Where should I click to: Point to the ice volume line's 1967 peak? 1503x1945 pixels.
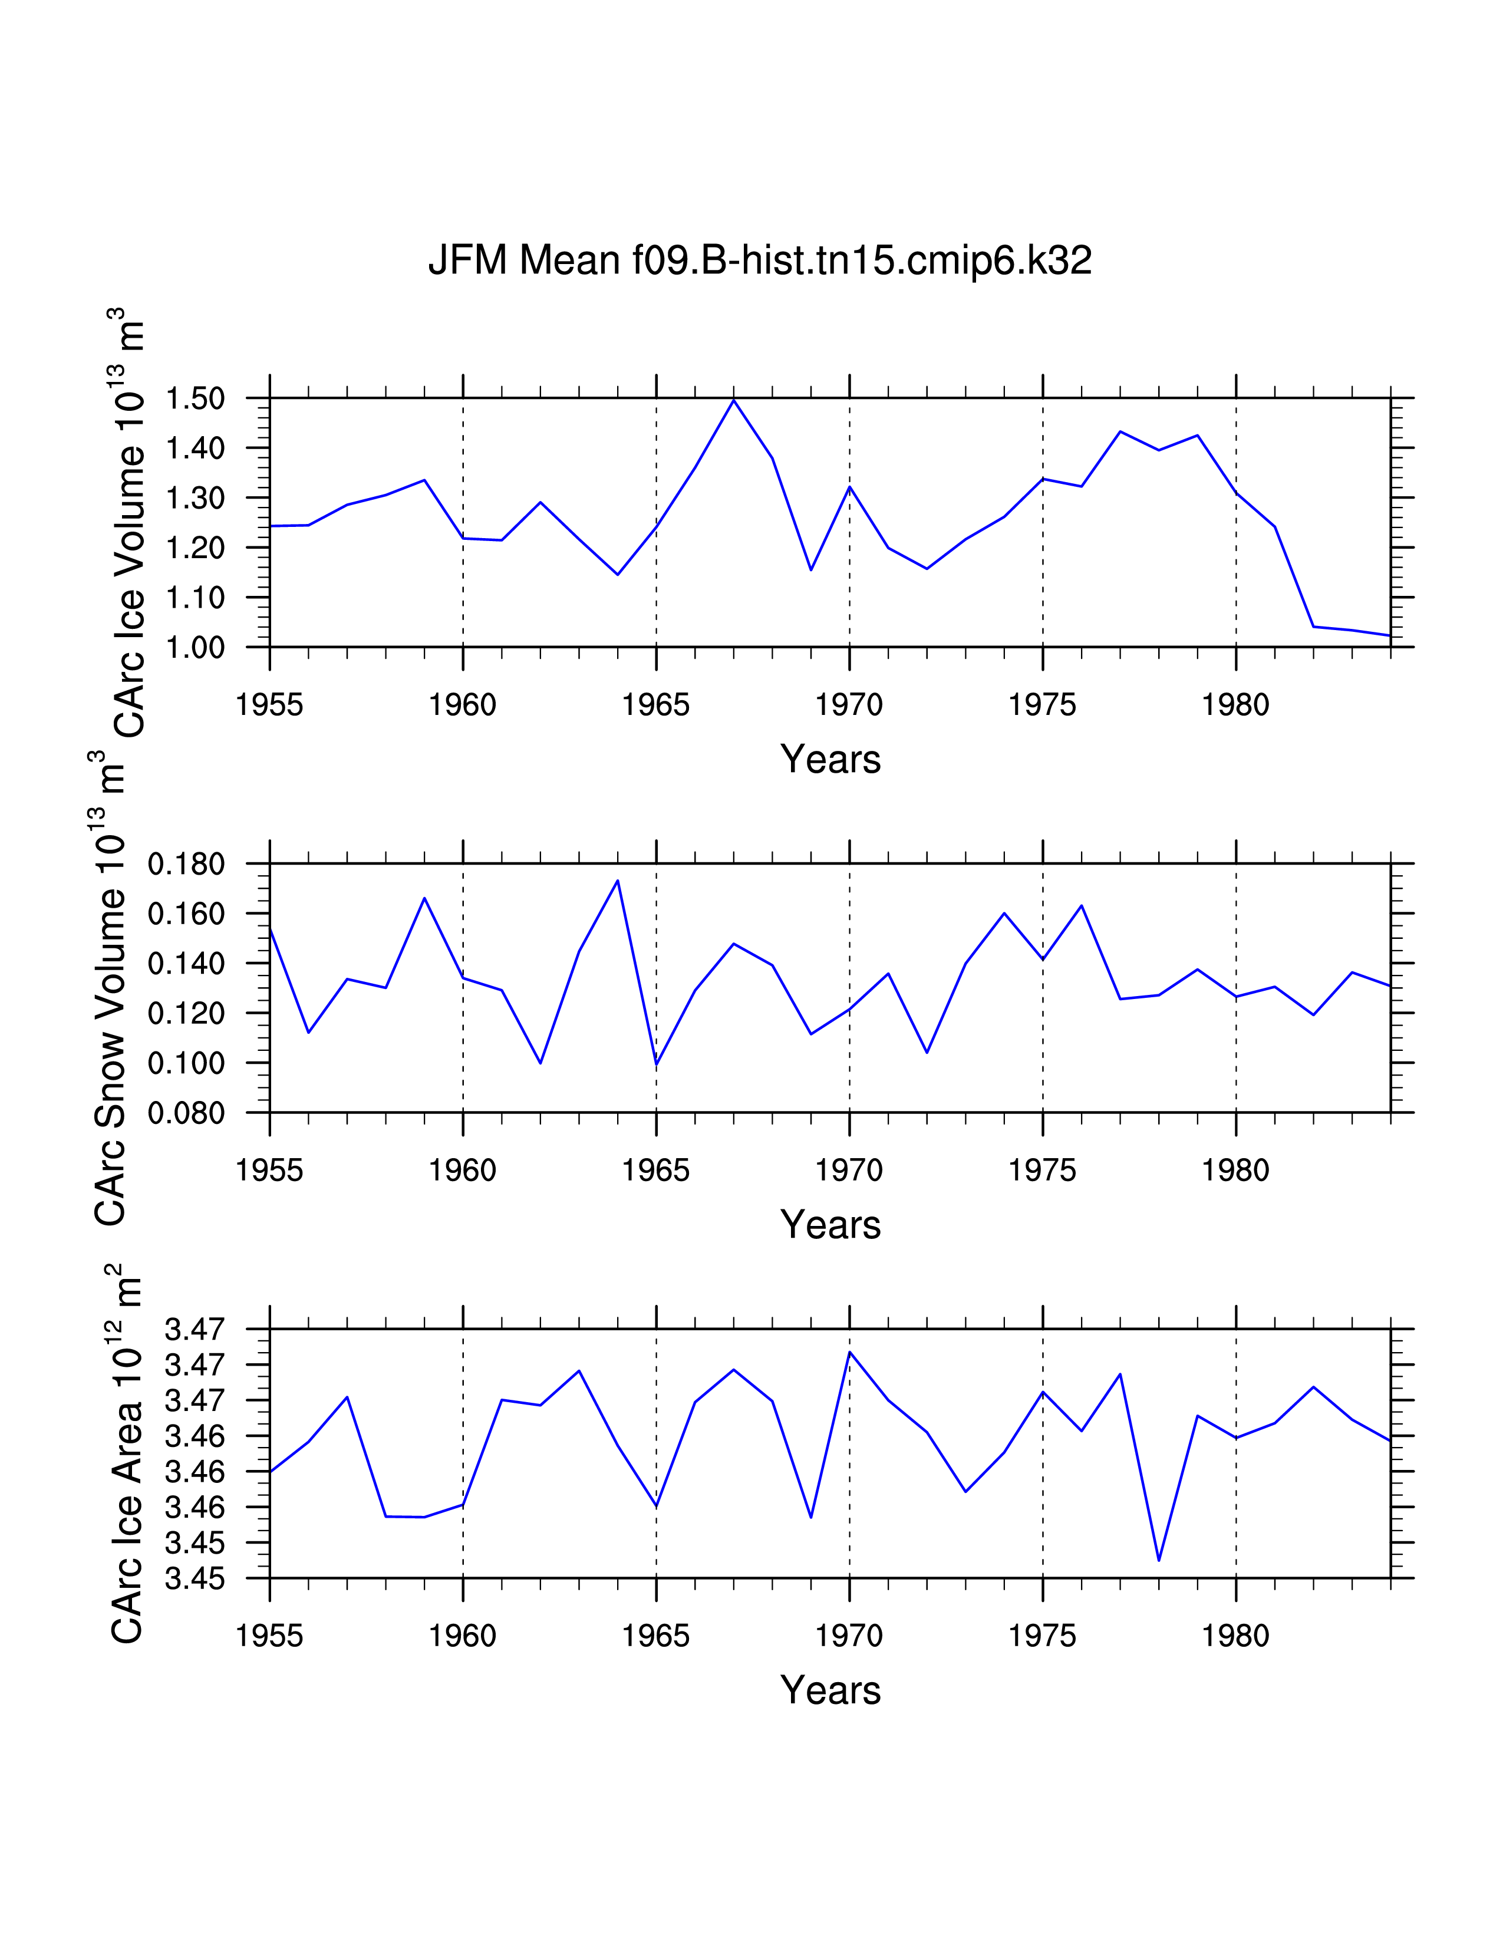(734, 400)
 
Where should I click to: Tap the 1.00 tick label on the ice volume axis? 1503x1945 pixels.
(195, 647)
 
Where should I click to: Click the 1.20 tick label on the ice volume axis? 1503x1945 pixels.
(195, 548)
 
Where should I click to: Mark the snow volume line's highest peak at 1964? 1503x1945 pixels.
(617, 881)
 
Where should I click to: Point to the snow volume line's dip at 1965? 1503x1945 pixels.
(656, 1064)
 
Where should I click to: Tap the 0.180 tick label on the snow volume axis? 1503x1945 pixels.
(186, 864)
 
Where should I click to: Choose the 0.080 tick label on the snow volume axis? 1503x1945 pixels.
(186, 1113)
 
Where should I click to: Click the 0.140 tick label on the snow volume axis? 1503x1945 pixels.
(186, 964)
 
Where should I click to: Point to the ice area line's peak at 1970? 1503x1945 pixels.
(849, 1352)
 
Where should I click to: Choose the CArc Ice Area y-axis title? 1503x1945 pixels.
(127, 1453)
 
